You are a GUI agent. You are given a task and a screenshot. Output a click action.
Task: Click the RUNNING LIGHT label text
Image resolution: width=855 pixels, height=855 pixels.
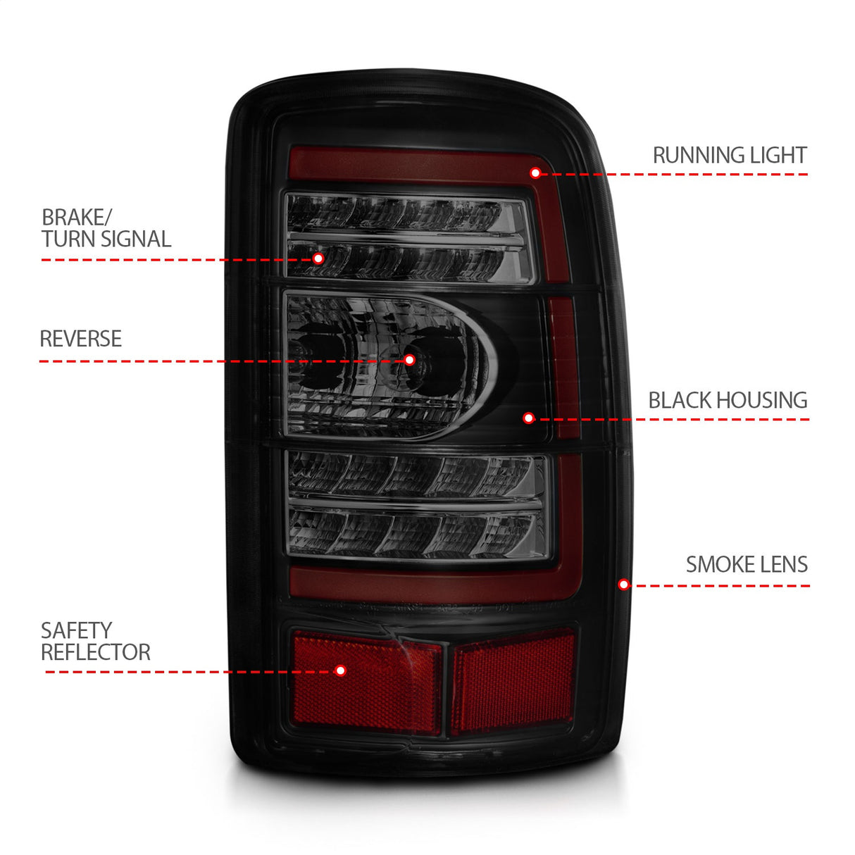(729, 155)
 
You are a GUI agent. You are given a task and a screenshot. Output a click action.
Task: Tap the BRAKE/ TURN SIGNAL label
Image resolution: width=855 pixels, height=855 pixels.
(106, 228)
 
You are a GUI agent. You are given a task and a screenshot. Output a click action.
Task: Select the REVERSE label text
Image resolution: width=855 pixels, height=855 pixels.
(80, 339)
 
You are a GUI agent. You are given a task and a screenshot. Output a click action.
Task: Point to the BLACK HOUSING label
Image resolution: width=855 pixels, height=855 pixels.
(728, 400)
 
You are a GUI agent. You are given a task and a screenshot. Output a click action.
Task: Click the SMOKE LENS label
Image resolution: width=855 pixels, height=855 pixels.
(747, 564)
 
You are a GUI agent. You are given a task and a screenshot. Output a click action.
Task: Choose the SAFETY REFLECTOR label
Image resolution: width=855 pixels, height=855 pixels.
(95, 641)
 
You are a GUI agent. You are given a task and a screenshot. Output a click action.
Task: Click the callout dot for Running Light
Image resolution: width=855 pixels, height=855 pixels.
(535, 173)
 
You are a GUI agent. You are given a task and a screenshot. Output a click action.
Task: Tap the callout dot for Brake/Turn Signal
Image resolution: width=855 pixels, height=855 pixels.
(318, 258)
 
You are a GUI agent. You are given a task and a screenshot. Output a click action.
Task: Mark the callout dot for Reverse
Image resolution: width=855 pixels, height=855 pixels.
(409, 360)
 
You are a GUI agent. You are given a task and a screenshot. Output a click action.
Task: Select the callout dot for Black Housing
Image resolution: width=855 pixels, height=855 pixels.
(529, 418)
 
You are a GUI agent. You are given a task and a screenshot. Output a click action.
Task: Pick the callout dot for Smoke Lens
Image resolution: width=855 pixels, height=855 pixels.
(623, 585)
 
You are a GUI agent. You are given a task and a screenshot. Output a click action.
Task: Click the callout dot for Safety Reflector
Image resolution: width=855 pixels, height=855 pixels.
(341, 670)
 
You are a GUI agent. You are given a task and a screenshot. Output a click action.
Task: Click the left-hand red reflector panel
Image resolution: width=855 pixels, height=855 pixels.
(366, 682)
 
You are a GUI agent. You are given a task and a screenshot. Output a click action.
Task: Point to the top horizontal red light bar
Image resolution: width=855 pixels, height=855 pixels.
(416, 163)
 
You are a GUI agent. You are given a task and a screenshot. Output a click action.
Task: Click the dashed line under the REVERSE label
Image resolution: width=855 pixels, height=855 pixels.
(211, 361)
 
